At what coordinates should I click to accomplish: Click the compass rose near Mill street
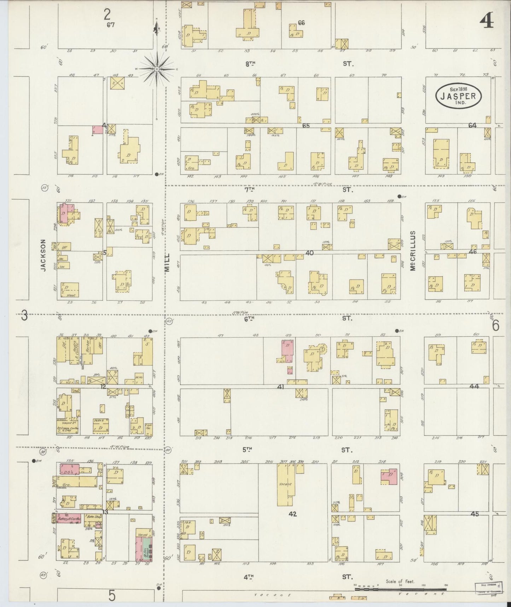(157, 69)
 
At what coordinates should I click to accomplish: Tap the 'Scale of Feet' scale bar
(400, 589)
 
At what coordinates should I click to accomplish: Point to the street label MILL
(167, 262)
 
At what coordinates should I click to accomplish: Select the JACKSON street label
(43, 255)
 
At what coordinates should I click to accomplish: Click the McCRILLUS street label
(413, 251)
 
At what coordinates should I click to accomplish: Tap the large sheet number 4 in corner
(487, 22)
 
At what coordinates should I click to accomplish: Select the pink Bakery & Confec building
(69, 519)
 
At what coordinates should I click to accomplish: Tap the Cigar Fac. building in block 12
(148, 427)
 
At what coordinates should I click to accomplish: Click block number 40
(310, 253)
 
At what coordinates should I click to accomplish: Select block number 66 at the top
(301, 23)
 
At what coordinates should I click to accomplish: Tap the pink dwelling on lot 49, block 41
(287, 351)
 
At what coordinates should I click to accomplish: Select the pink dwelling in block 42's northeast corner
(390, 477)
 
